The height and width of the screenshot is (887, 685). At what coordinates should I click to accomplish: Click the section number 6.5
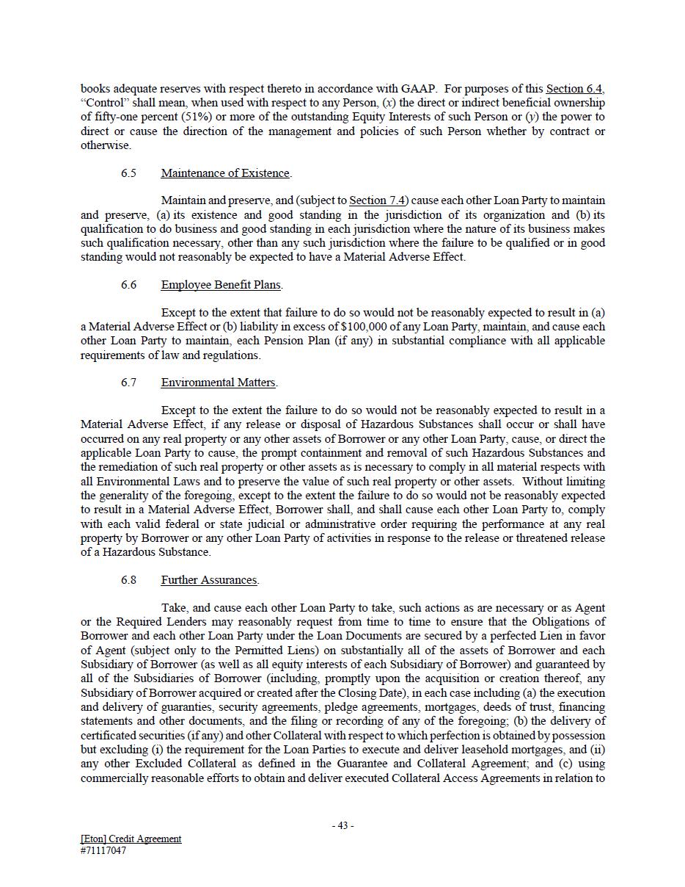point(128,173)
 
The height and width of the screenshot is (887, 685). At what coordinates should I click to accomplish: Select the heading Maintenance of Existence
point(225,173)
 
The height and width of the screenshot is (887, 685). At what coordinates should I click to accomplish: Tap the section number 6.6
point(128,285)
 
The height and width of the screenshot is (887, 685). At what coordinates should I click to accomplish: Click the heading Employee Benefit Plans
point(221,285)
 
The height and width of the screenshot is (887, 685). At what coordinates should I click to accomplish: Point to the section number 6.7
point(128,383)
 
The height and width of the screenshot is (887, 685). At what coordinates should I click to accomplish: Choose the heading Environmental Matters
point(219,383)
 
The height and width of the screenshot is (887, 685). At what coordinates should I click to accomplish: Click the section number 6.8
point(128,580)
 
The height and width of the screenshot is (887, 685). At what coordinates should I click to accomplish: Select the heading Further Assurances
point(209,580)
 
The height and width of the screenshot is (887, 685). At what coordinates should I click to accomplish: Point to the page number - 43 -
point(342,825)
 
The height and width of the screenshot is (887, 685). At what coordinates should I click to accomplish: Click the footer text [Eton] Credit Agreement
point(131,839)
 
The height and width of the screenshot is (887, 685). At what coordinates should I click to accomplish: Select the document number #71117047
point(103,851)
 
